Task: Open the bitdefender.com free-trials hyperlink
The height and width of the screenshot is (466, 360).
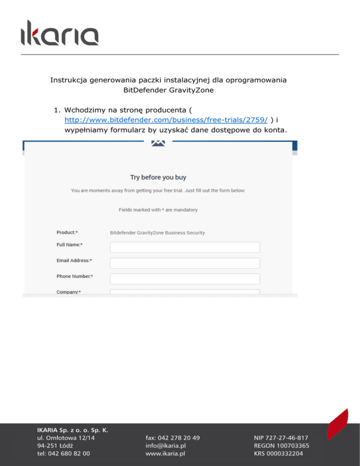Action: (x=166, y=120)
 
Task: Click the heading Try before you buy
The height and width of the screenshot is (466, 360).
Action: (x=158, y=177)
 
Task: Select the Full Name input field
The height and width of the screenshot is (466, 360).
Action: (x=185, y=247)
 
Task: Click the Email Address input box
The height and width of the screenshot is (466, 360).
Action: (x=185, y=263)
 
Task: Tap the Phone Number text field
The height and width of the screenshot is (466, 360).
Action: (x=185, y=279)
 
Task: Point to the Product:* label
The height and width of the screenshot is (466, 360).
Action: (x=67, y=232)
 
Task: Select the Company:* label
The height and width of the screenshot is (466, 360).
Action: (x=68, y=292)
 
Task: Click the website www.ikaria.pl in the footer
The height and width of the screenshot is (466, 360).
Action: (x=165, y=454)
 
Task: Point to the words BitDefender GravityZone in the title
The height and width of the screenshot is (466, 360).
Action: (x=168, y=90)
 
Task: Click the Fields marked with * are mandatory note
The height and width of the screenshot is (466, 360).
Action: (x=158, y=210)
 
